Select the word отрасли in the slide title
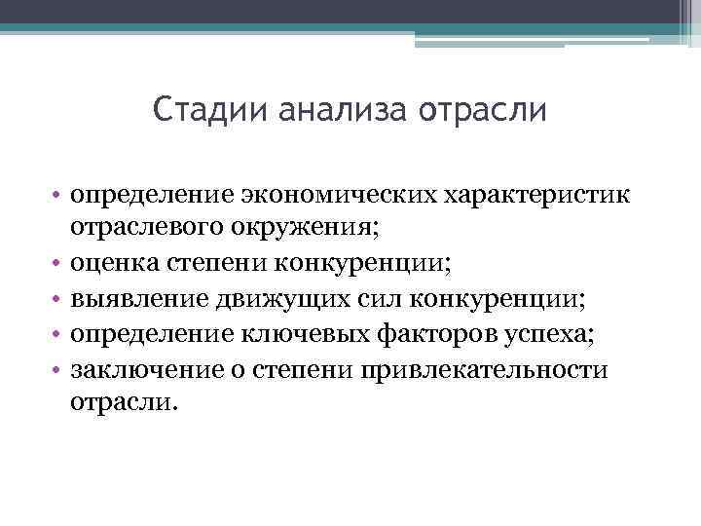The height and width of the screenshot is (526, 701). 484,110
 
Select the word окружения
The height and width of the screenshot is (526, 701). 308,229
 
